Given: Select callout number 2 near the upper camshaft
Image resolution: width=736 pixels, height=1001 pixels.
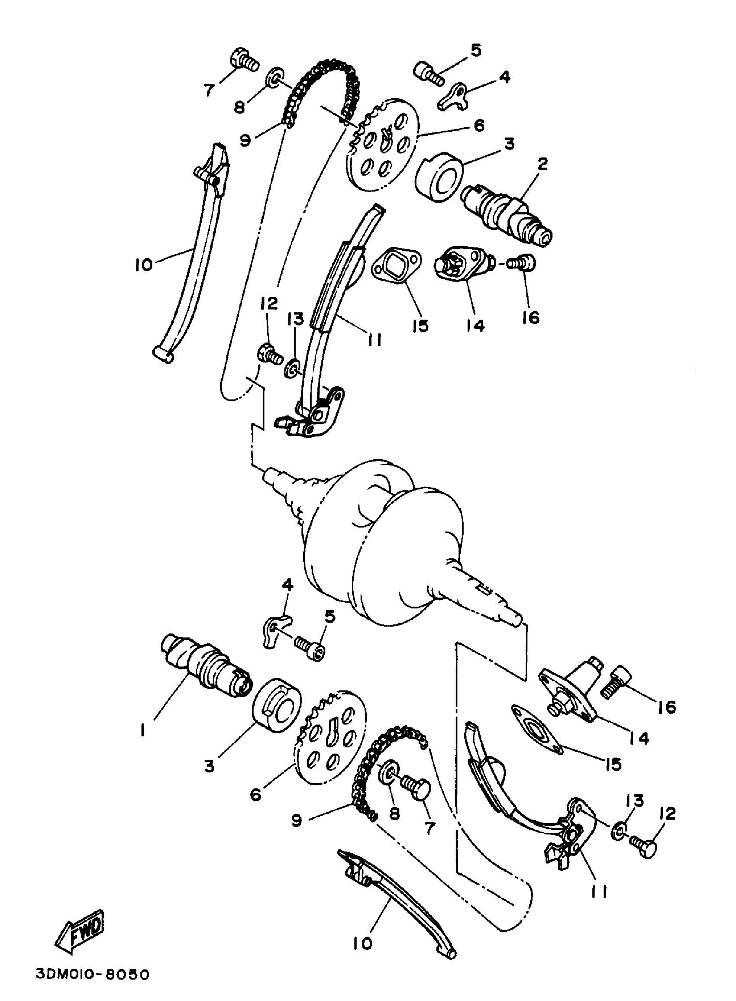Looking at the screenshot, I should tap(542, 165).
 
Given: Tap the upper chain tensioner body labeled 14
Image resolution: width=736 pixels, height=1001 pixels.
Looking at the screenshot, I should tap(463, 266).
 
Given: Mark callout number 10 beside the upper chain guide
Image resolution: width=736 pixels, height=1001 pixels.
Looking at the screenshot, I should tap(143, 265).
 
